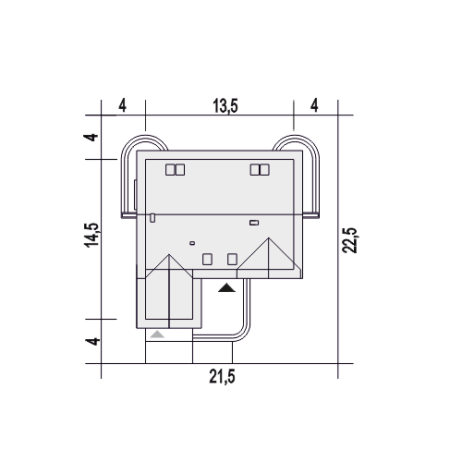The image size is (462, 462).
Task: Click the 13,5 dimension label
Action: pos(225,106)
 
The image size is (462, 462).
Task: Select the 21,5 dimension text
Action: pos(222,376)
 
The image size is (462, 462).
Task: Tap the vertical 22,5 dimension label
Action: pos(349,240)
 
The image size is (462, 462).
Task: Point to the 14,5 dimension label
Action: pos(91,235)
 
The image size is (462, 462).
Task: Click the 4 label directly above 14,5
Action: pos(91,137)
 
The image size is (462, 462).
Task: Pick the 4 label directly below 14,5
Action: pos(92,341)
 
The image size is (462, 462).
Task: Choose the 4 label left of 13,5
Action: pos(123,105)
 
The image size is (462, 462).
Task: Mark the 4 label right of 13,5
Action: pos(314,105)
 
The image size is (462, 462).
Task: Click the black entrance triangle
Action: pos(226,287)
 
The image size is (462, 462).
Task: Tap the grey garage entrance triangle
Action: pos(157,334)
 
